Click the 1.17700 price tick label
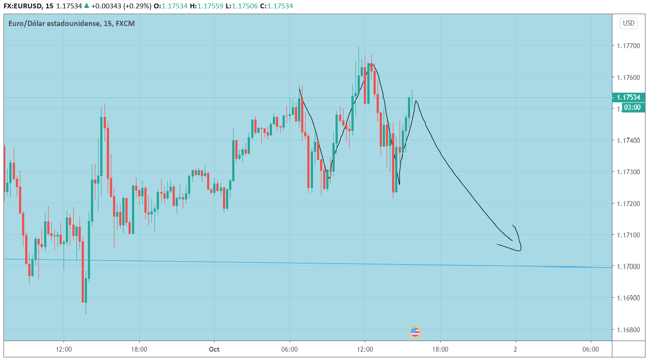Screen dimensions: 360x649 628,46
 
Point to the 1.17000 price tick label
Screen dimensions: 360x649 628,266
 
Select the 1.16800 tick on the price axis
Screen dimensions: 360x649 628,330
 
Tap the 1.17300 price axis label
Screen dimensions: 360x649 628,172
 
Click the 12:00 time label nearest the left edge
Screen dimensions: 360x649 64,349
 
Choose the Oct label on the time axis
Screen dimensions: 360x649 214,349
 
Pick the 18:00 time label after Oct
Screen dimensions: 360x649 440,349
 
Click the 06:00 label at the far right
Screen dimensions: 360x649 590,349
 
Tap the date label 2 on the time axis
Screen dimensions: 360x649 515,349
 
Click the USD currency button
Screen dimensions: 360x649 629,23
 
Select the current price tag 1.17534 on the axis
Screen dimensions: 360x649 628,97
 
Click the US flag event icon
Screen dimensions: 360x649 415,332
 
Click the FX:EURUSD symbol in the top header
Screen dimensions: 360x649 23,6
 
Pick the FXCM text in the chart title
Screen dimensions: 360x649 125,23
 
